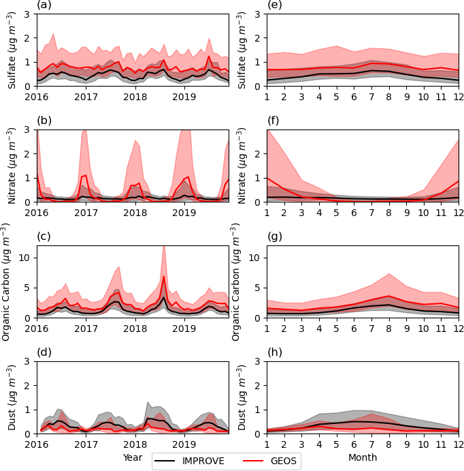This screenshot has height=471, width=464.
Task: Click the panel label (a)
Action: [43, 6]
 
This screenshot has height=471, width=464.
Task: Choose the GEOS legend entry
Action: [269, 461]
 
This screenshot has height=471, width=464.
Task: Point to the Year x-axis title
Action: [133, 457]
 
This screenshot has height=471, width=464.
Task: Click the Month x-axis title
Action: [363, 457]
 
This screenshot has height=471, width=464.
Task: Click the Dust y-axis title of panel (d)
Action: [12, 397]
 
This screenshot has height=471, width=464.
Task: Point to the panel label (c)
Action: [42, 238]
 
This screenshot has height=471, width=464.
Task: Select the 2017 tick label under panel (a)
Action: [86, 97]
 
